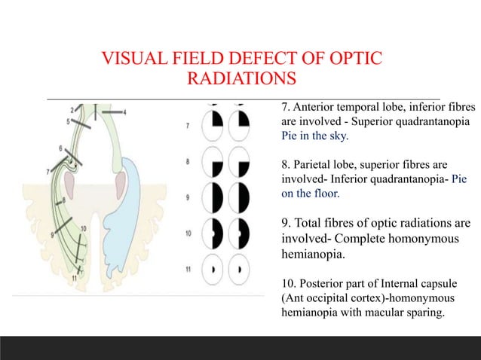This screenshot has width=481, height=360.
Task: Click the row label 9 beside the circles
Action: tap(188, 198)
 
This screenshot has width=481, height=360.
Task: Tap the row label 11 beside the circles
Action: tap(188, 268)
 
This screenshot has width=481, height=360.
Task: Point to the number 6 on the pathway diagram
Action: tap(60, 148)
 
